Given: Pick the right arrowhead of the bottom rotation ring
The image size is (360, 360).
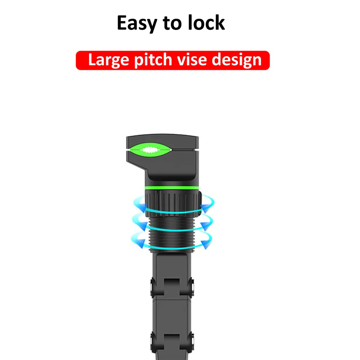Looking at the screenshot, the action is tap(206, 244).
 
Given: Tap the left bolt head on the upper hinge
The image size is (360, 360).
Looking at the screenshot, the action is tap(152, 287).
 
